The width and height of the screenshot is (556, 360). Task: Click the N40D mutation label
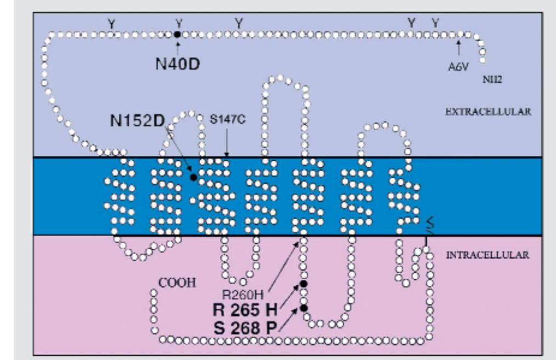(178, 64)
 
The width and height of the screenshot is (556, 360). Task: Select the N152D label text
(138, 121)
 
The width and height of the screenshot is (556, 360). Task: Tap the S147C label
(228, 119)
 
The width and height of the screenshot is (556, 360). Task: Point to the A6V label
(458, 67)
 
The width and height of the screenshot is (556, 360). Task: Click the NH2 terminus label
(492, 79)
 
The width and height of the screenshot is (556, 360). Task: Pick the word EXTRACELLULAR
(488, 111)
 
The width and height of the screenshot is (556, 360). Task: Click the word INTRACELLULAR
(487, 255)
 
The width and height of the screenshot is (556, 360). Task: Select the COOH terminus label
(177, 283)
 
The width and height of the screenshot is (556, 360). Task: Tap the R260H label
(243, 294)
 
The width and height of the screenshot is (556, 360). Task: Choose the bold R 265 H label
(245, 310)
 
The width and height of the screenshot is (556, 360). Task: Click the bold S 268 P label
(245, 328)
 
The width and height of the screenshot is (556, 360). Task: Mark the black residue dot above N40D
(178, 35)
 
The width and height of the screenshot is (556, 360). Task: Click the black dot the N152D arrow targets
(193, 177)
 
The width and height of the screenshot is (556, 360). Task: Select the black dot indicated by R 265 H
(304, 284)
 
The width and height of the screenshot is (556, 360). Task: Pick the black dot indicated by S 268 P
(304, 308)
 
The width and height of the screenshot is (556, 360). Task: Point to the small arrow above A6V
(459, 48)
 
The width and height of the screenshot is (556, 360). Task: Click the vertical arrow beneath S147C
(226, 143)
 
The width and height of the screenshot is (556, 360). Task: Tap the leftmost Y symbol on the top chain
(112, 24)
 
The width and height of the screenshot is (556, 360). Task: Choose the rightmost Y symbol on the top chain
(435, 23)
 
